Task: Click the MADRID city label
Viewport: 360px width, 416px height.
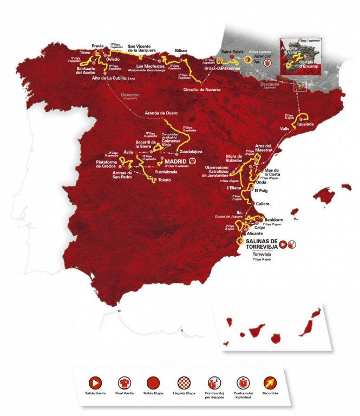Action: pos(171,161)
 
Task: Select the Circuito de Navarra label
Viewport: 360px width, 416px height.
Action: pos(201,89)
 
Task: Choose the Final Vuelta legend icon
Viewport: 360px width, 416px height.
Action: pos(123,382)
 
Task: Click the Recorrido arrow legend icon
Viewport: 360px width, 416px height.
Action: pos(269,382)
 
